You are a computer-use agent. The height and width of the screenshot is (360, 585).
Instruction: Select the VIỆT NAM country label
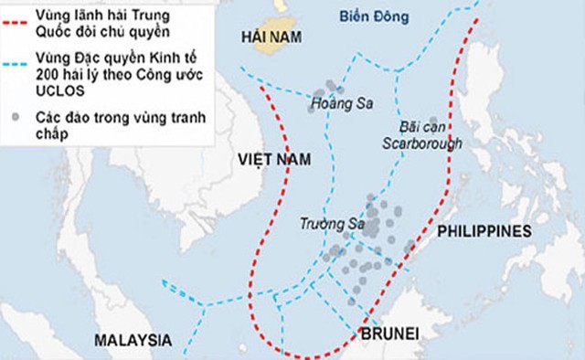click(x=273, y=159)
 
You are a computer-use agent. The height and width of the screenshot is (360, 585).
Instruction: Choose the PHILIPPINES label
click(x=484, y=231)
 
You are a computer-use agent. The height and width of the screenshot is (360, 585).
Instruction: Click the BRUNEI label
click(x=388, y=334)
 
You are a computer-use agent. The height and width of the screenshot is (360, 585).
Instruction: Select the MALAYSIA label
click(x=133, y=340)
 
